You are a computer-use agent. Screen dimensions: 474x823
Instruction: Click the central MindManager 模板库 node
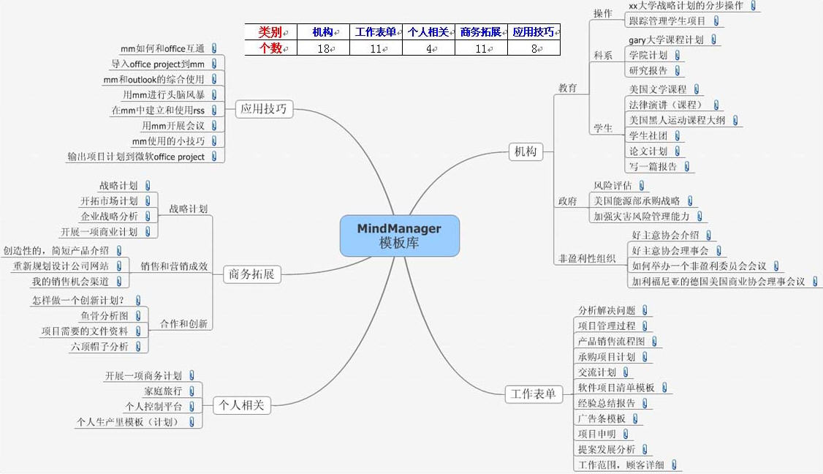pos(399,236)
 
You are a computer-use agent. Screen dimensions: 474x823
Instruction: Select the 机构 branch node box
pos(526,151)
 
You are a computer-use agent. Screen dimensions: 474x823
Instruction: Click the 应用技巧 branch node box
pos(264,110)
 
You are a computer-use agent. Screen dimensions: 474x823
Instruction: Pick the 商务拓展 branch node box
pos(251,274)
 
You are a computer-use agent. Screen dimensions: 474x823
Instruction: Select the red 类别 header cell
pos(270,32)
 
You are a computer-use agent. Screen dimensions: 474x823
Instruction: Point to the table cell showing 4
pos(428,48)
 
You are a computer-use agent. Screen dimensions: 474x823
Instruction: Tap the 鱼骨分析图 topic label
pos(105,316)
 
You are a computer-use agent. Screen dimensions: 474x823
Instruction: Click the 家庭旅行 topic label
pos(163,391)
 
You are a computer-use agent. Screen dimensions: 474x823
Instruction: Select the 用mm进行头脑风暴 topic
pos(164,94)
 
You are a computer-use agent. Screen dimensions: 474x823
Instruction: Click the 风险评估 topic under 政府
pos(612,186)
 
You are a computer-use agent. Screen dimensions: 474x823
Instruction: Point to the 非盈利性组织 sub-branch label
pos(587,258)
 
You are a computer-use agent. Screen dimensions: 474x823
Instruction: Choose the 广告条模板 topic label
pos(601,418)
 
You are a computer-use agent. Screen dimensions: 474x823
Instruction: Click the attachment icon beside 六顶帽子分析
pos(140,346)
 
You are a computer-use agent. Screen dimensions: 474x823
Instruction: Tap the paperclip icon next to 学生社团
pos(678,135)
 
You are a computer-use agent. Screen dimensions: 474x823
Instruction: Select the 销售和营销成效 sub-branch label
pos(174,266)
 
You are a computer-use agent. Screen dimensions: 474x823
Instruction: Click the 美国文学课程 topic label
pos(657,89)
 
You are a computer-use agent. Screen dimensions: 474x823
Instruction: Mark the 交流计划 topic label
pos(596,372)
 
